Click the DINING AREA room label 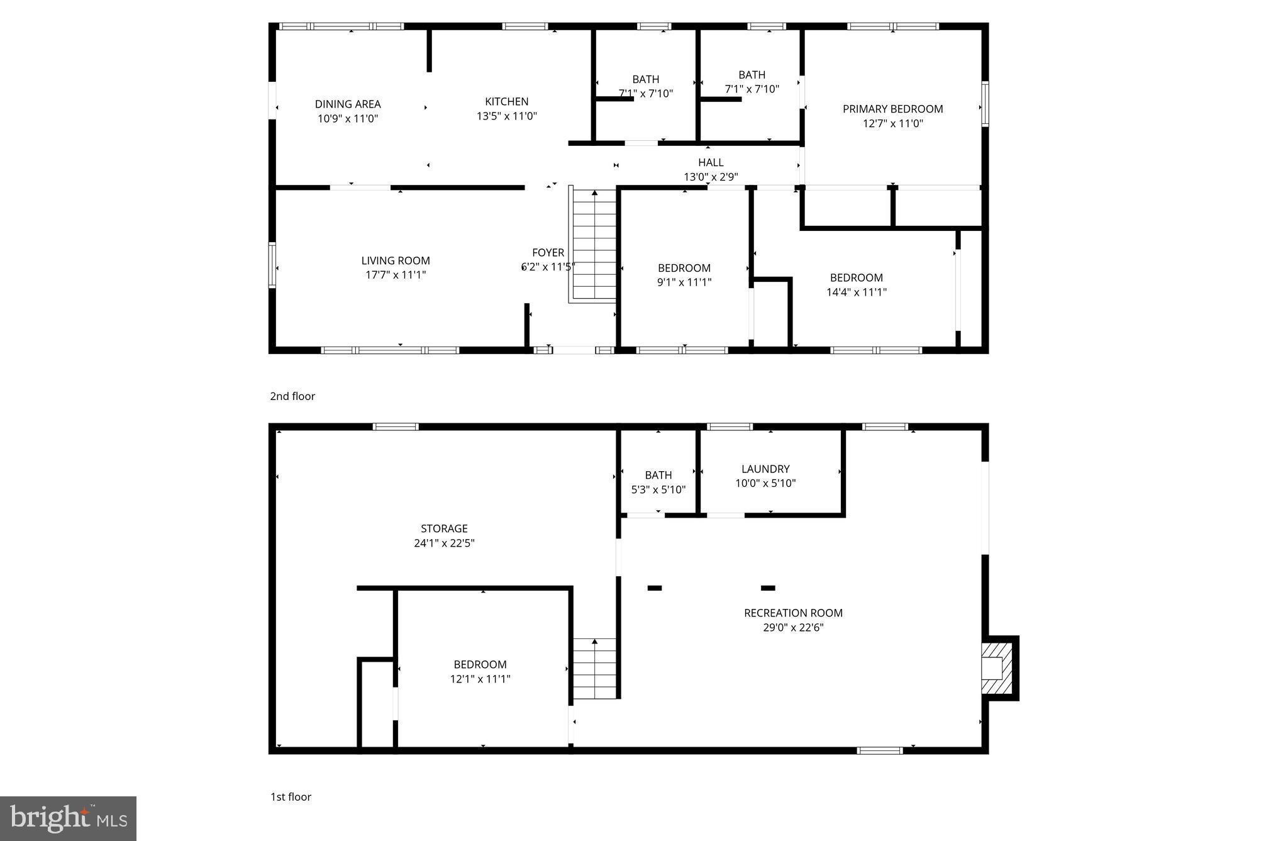click(x=348, y=104)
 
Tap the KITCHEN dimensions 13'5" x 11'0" click(x=506, y=116)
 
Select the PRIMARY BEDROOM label click(x=892, y=109)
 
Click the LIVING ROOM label click(x=396, y=260)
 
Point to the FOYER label click(x=548, y=252)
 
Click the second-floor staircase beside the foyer click(x=594, y=245)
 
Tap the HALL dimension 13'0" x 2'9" click(x=711, y=177)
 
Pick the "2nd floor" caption click(x=292, y=396)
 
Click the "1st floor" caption click(x=291, y=797)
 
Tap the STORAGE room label click(x=444, y=529)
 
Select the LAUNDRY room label click(x=765, y=469)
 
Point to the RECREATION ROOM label click(x=792, y=613)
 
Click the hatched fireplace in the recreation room click(x=999, y=668)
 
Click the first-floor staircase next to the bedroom click(x=594, y=669)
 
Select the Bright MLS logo click(x=68, y=818)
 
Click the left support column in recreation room click(x=655, y=588)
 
